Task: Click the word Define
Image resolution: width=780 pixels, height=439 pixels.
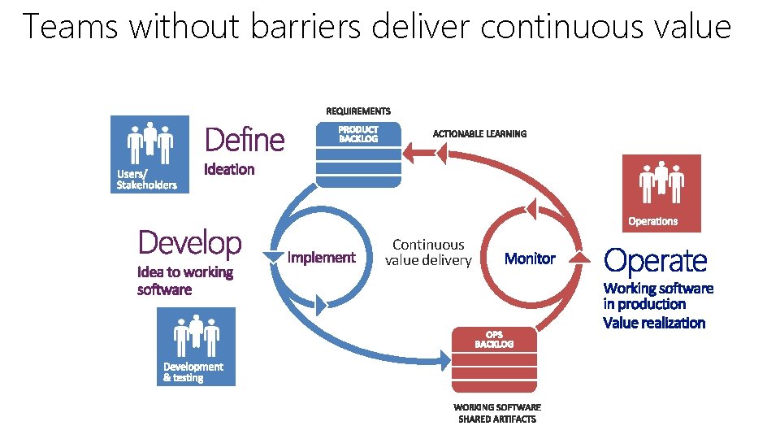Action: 245,140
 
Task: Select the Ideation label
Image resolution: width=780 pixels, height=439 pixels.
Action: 229,170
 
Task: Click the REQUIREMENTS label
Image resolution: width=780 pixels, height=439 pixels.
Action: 358,111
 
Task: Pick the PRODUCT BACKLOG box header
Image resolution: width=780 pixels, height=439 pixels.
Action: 358,134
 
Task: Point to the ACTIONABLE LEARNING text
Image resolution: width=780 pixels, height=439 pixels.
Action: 479,134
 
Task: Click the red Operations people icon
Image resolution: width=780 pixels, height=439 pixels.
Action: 661,182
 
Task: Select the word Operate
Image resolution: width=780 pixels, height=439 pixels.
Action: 656,261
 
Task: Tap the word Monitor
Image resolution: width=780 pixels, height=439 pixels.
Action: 530,259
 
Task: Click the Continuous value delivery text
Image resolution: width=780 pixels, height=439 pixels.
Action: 428,252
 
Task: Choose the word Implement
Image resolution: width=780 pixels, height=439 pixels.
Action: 323,258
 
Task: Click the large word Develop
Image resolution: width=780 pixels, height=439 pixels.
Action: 189,242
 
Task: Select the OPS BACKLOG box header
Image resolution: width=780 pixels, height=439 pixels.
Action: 494,339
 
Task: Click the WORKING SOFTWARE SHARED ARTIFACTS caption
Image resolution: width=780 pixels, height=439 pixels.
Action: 496,413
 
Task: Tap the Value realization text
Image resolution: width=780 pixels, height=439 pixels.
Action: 654,323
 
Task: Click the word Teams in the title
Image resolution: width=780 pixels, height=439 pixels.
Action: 70,27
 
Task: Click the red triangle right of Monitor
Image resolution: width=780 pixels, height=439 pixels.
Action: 578,257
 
